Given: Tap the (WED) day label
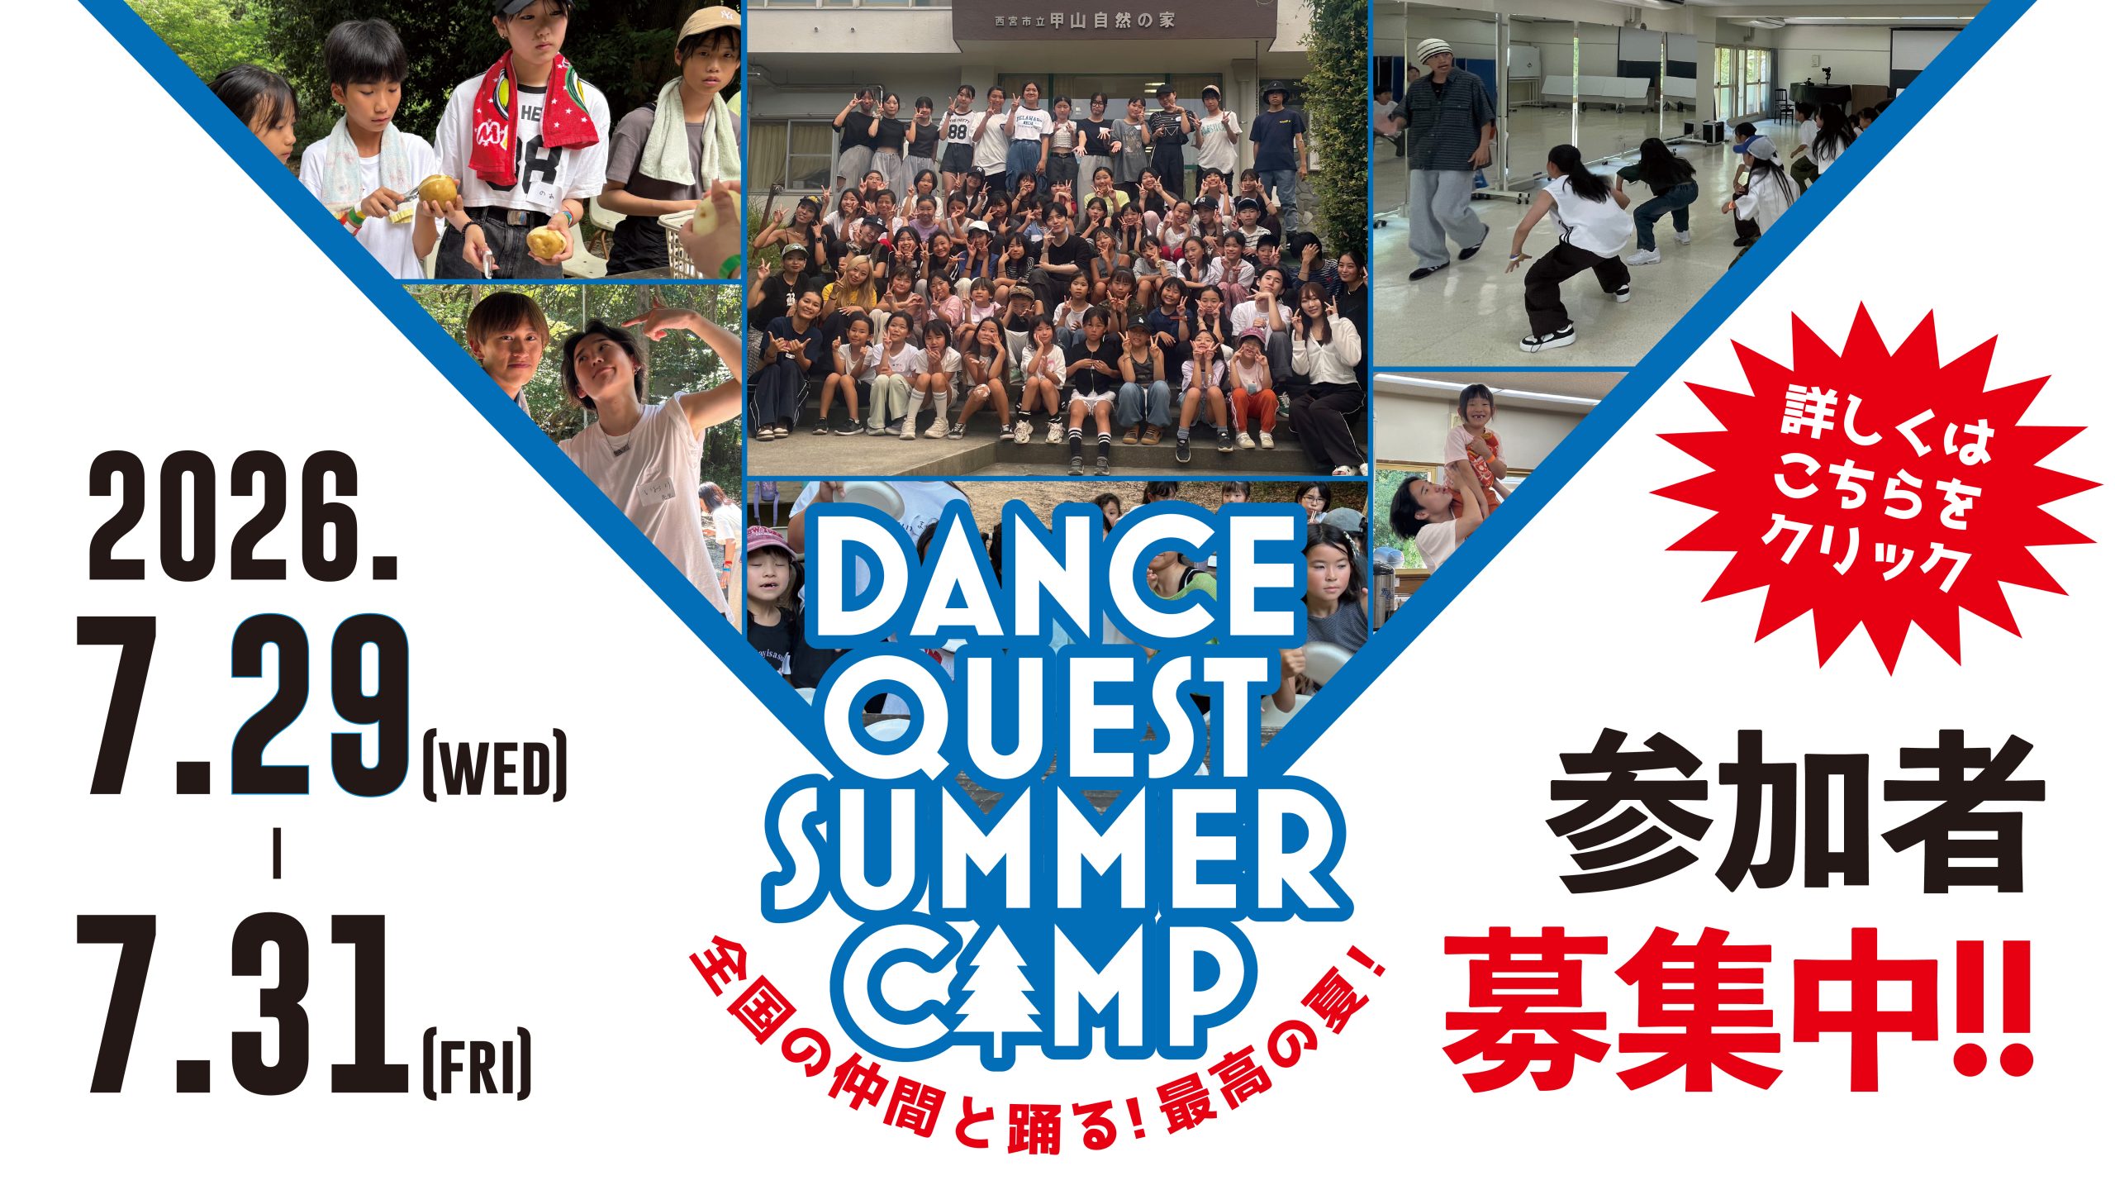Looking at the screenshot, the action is click(494, 768).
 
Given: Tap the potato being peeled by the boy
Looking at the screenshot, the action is click(437, 190).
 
